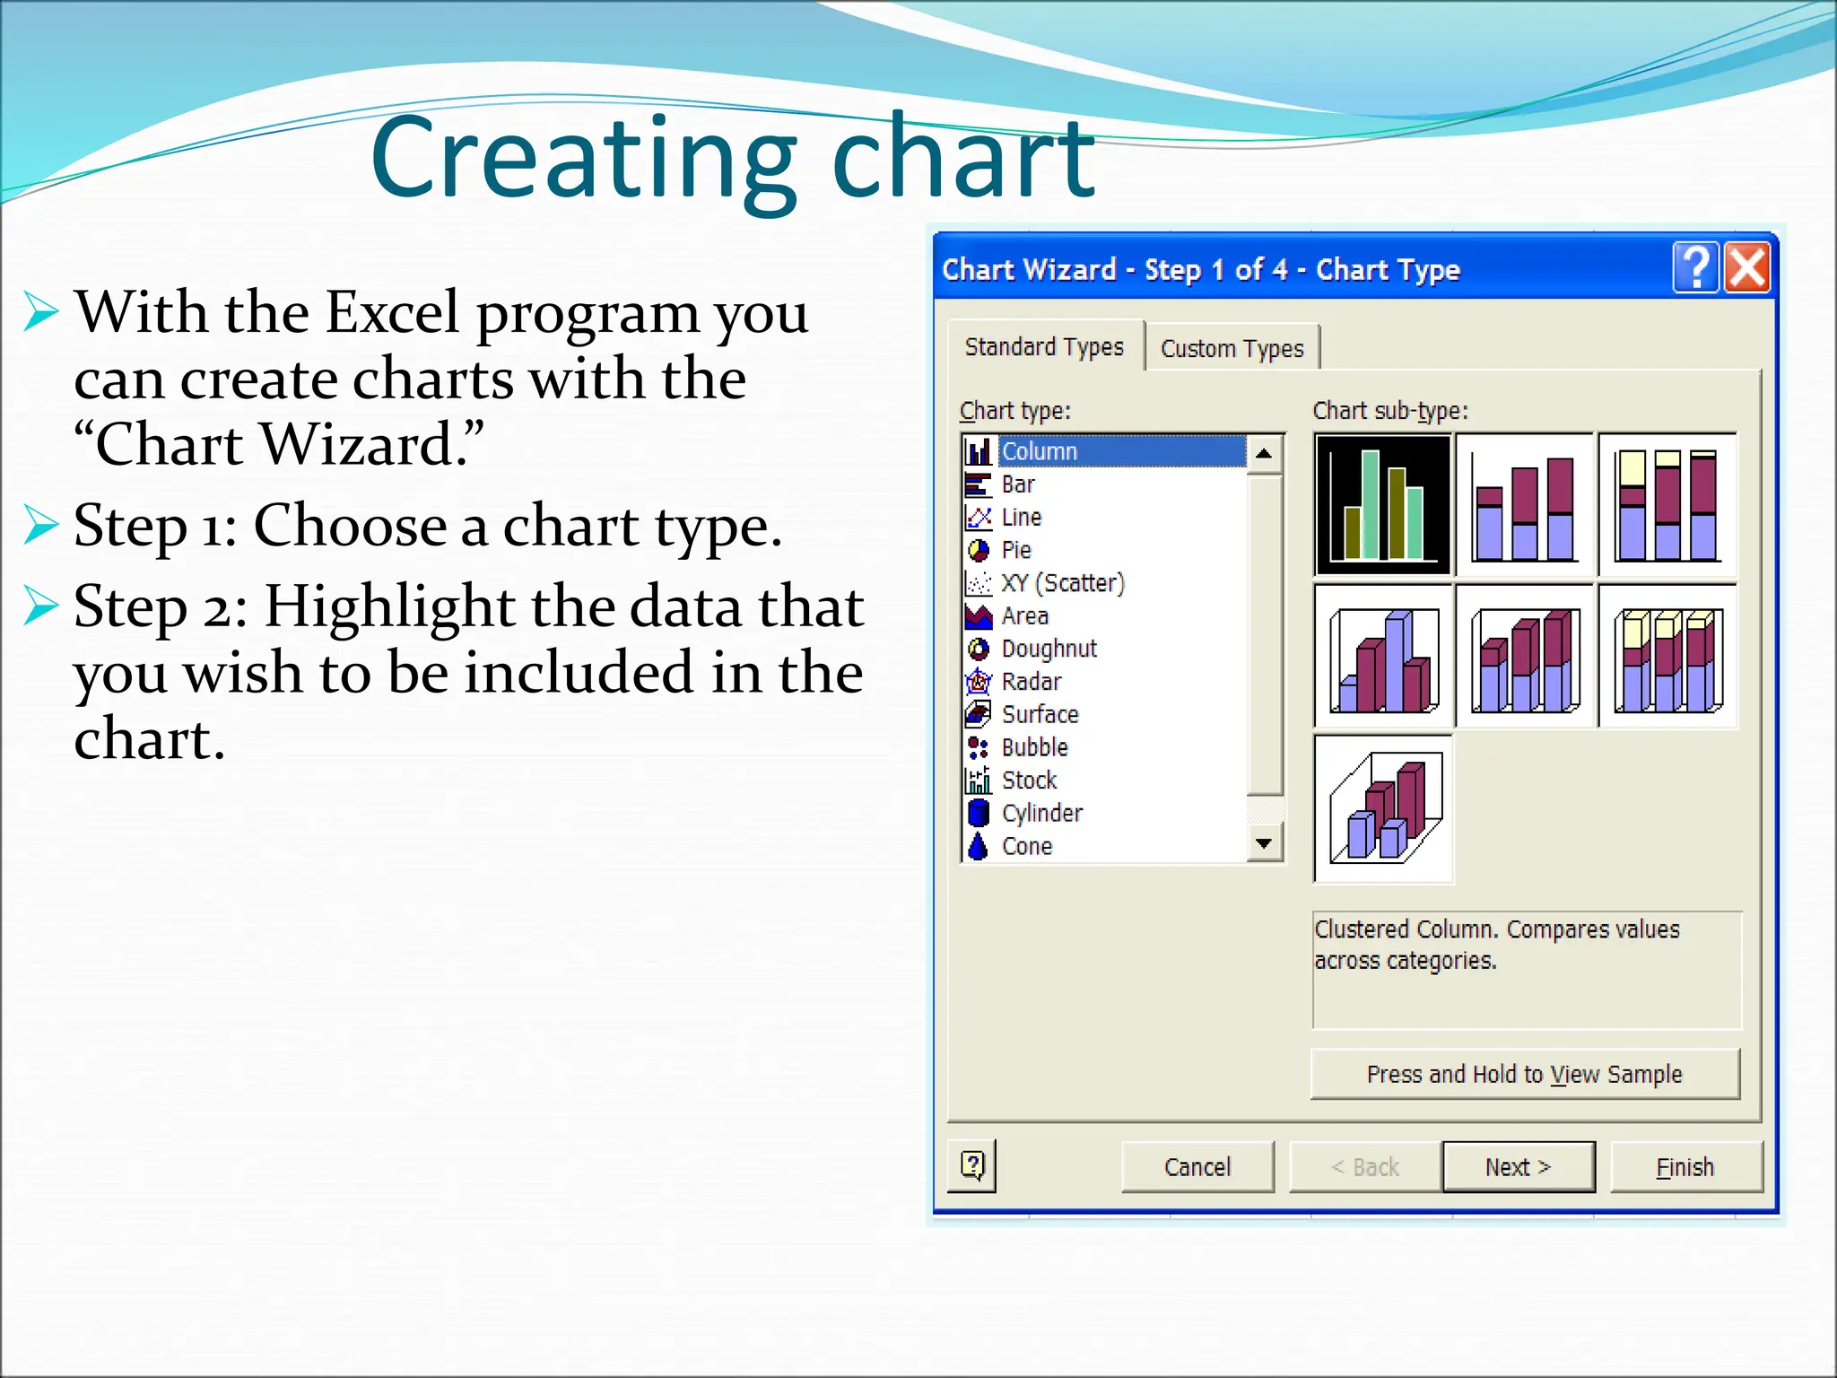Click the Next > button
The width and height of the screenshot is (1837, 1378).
tap(1518, 1166)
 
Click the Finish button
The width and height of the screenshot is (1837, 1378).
tap(1685, 1166)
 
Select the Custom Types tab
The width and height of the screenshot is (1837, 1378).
tap(1232, 348)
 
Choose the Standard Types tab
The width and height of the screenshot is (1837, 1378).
tap(1044, 346)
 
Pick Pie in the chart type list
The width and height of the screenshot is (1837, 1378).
tap(1016, 549)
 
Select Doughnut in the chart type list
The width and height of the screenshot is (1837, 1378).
tap(1049, 648)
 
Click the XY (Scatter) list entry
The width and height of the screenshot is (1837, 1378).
tap(1062, 582)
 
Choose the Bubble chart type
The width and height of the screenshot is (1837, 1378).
tap(1034, 746)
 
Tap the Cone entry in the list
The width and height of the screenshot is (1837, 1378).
tap(1026, 845)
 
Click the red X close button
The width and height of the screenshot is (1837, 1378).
tap(1747, 267)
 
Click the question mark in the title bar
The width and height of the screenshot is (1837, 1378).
tap(1695, 267)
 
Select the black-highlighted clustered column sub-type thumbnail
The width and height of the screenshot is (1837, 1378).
tap(1382, 504)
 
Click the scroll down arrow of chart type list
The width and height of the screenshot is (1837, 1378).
tap(1264, 843)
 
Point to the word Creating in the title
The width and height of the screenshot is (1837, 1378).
tap(583, 160)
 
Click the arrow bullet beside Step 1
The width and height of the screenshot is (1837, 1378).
tap(40, 525)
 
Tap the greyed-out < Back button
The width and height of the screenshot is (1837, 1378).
tap(1364, 1166)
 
